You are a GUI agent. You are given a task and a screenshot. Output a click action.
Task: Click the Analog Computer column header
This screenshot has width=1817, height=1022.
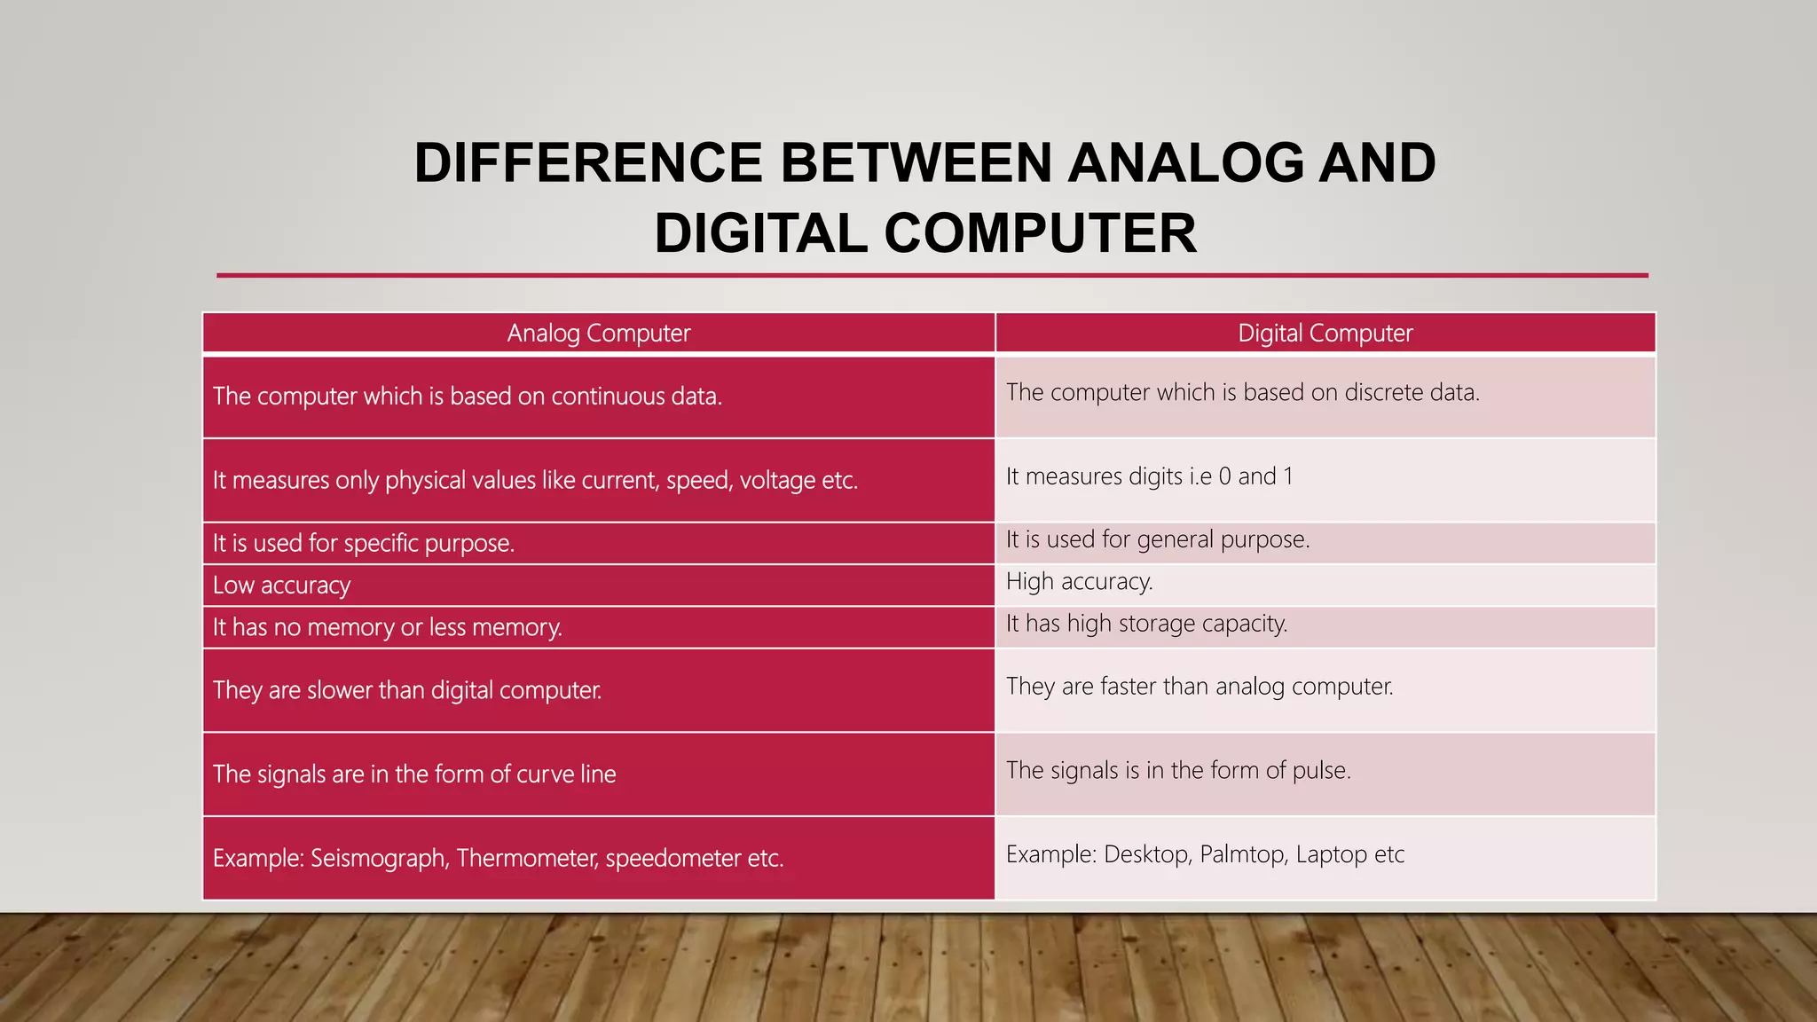coord(598,334)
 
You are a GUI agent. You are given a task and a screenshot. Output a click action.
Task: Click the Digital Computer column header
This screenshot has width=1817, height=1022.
coord(1325,334)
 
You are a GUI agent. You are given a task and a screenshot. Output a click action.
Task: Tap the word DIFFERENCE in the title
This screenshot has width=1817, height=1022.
coord(588,163)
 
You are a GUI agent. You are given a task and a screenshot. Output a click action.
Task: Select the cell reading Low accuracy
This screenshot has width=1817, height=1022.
coord(282,586)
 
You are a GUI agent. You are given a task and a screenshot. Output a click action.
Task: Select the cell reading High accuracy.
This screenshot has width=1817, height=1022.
coord(1079,582)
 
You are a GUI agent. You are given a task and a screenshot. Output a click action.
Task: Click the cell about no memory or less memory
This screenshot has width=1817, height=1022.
coord(387,627)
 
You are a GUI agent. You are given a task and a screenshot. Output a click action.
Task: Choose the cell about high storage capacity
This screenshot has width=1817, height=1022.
coord(1146,624)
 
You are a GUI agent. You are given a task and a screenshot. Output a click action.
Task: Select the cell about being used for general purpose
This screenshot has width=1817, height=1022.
coord(1157,539)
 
